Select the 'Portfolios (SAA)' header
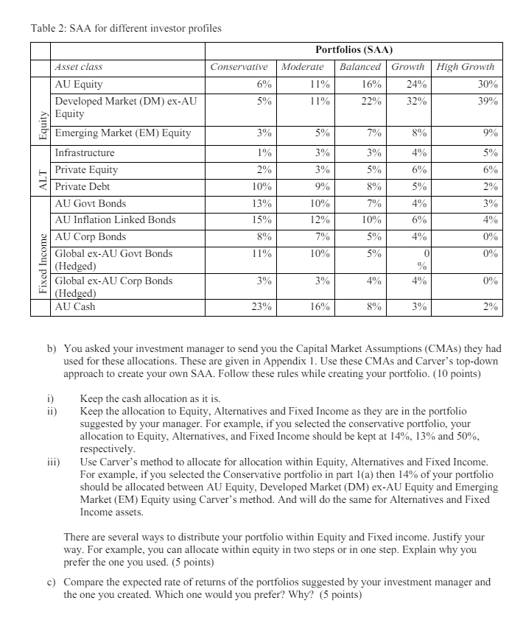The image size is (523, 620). pyautogui.click(x=354, y=50)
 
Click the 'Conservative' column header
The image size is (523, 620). pyautogui.click(x=241, y=67)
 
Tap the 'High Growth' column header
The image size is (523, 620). pyautogui.click(x=466, y=67)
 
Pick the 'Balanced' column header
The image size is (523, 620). pyautogui.click(x=360, y=67)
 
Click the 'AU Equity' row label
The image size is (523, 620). pyautogui.click(x=79, y=84)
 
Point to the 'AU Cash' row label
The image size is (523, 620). pyautogui.click(x=75, y=306)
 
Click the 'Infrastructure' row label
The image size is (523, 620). pyautogui.click(x=85, y=153)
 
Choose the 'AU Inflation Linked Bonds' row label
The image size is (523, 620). pyautogui.click(x=115, y=219)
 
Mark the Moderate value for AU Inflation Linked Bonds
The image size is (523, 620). pyautogui.click(x=318, y=220)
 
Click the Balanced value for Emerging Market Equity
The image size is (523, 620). pyautogui.click(x=373, y=134)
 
